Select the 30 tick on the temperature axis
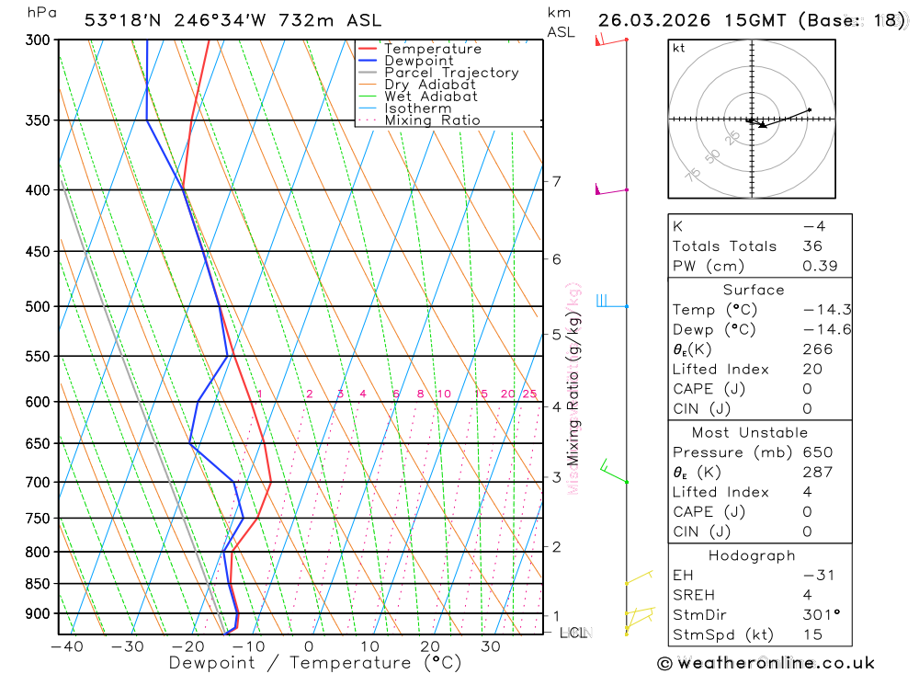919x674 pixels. coord(490,646)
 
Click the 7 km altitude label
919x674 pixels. coord(556,181)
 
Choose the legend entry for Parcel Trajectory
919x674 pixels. coord(451,73)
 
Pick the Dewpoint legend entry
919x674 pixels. coord(419,61)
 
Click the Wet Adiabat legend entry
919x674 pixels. coord(431,97)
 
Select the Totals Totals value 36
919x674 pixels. coord(811,246)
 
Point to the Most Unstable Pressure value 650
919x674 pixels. coord(817,452)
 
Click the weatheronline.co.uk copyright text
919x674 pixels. coord(766,663)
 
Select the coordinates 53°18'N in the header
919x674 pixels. coord(123,20)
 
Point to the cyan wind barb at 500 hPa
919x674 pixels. coord(603,301)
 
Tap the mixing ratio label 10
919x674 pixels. coord(443,394)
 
